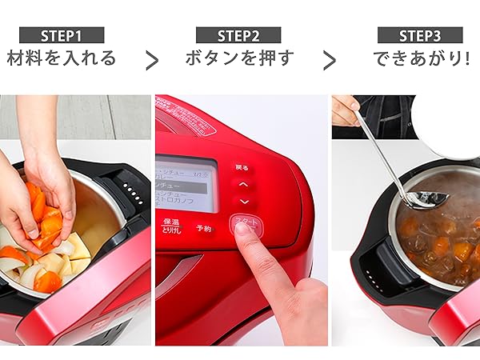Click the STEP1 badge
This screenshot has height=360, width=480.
click(x=62, y=35)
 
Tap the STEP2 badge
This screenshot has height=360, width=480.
click(x=238, y=35)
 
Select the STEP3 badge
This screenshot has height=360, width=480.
click(x=420, y=35)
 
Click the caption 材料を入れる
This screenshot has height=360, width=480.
click(x=62, y=58)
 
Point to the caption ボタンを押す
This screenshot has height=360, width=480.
click(x=239, y=58)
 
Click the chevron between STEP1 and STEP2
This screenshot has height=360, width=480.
click(x=151, y=60)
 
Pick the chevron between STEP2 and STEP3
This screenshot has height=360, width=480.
click(x=329, y=60)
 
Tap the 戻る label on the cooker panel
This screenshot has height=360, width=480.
click(x=242, y=168)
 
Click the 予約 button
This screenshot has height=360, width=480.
click(x=205, y=228)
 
